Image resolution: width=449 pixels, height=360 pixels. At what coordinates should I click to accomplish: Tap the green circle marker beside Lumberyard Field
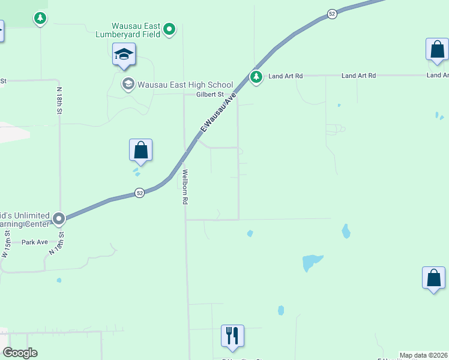(x=170, y=28)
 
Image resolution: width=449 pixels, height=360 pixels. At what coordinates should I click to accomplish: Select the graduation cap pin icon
(x=124, y=55)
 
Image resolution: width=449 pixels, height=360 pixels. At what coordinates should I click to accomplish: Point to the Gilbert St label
(x=209, y=94)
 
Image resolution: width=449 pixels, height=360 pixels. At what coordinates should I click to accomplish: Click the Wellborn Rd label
(x=185, y=187)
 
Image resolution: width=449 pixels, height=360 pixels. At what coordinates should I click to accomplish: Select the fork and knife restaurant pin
(x=232, y=336)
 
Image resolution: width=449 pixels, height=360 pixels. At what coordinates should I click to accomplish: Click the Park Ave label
(x=34, y=242)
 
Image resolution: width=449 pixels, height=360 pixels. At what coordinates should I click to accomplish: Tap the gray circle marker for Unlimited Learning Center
(x=59, y=219)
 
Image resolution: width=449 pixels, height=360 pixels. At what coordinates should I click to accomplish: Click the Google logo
(x=20, y=353)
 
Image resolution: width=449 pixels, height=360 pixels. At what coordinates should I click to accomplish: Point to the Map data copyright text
(x=423, y=355)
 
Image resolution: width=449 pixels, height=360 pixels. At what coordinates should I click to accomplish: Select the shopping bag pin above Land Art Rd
(x=437, y=50)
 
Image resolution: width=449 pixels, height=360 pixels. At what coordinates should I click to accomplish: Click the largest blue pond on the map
(x=312, y=262)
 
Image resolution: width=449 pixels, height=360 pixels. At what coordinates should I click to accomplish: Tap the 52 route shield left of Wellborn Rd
(x=139, y=193)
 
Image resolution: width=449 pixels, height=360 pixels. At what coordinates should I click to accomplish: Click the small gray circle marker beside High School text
(x=128, y=84)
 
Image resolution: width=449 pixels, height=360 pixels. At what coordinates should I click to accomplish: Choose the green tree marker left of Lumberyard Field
(x=40, y=19)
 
